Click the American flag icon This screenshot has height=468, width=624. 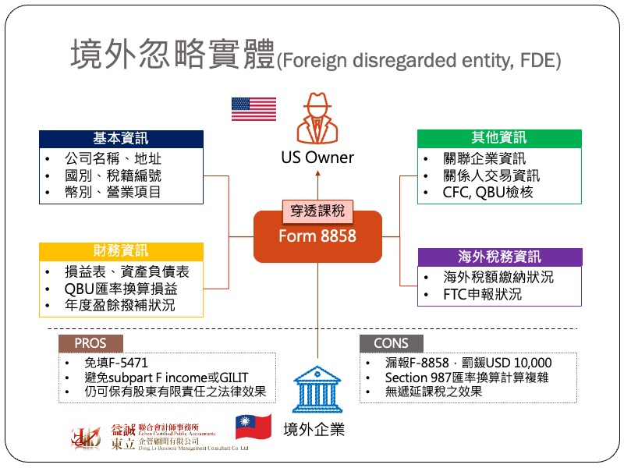click(x=253, y=110)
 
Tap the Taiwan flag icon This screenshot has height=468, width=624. click(x=253, y=427)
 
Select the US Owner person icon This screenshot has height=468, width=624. click(x=317, y=117)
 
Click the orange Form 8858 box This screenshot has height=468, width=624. click(x=317, y=236)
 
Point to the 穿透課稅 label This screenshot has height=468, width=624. click(x=317, y=211)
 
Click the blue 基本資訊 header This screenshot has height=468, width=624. click(x=121, y=139)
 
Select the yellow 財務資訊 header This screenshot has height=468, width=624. click(x=121, y=251)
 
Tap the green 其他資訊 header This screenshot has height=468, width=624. click(x=499, y=138)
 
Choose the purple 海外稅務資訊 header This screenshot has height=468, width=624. click(x=499, y=257)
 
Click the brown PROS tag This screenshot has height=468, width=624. click(x=90, y=343)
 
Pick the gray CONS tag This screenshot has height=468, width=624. click(x=391, y=343)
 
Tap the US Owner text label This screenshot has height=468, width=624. click(x=317, y=158)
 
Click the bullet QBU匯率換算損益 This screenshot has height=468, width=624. click(x=121, y=289)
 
